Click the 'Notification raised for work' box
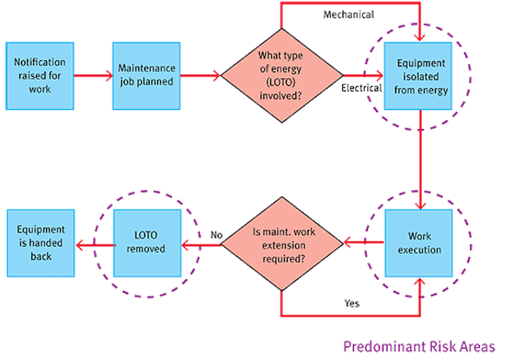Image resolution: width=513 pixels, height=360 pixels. point(39,78)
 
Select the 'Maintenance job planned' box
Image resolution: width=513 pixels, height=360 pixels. point(147,78)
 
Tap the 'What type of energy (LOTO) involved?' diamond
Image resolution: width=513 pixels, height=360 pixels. point(281,78)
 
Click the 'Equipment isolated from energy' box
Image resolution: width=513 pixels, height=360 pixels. point(419,78)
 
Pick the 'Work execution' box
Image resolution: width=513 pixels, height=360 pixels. point(419,242)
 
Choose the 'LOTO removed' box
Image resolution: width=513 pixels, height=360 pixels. point(146,242)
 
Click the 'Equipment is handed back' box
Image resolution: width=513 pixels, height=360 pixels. point(39,242)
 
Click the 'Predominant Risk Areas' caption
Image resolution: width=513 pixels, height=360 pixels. point(419,347)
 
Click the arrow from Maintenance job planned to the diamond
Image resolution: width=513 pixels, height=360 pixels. point(200,78)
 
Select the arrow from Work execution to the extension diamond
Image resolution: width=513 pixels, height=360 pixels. point(362,240)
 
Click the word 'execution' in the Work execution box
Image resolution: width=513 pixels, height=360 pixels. point(419,249)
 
